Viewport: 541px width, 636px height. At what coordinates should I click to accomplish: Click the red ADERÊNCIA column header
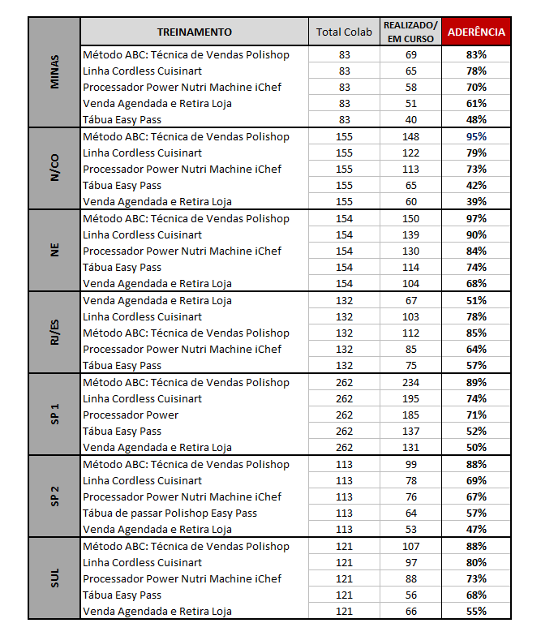pyautogui.click(x=476, y=32)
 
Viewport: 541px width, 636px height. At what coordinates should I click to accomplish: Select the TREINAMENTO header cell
pyautogui.click(x=194, y=32)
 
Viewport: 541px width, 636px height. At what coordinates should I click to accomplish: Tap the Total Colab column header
pyautogui.click(x=344, y=32)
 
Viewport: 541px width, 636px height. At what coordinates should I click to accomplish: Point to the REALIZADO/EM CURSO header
pyautogui.click(x=410, y=32)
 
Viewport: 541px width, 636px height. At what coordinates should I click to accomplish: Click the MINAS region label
pyautogui.click(x=54, y=87)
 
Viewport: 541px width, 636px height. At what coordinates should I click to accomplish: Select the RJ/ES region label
pyautogui.click(x=54, y=333)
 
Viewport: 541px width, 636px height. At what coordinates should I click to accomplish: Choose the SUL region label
pyautogui.click(x=54, y=578)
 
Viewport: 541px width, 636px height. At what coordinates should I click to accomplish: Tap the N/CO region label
pyautogui.click(x=54, y=169)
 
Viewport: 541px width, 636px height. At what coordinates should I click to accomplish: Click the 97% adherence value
pyautogui.click(x=476, y=218)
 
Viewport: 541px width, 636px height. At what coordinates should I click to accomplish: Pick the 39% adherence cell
pyautogui.click(x=476, y=202)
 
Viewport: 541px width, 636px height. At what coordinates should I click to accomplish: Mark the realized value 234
pyautogui.click(x=410, y=382)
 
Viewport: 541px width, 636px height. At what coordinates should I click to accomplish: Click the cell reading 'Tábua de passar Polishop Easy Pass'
pyautogui.click(x=170, y=513)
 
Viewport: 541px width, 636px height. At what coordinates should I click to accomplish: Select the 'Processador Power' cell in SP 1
pyautogui.click(x=131, y=415)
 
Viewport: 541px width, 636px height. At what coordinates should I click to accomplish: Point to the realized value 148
pyautogui.click(x=410, y=136)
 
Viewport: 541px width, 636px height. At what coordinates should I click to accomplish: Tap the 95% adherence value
pyautogui.click(x=476, y=136)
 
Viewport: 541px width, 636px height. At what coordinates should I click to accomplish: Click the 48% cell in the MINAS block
pyautogui.click(x=476, y=120)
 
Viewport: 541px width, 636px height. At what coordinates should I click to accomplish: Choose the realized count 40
pyautogui.click(x=410, y=120)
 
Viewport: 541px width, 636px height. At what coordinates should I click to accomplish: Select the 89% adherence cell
pyautogui.click(x=476, y=382)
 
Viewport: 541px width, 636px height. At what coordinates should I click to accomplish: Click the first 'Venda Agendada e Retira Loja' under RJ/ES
pyautogui.click(x=157, y=300)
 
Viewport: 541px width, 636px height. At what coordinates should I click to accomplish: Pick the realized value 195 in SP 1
pyautogui.click(x=410, y=398)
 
